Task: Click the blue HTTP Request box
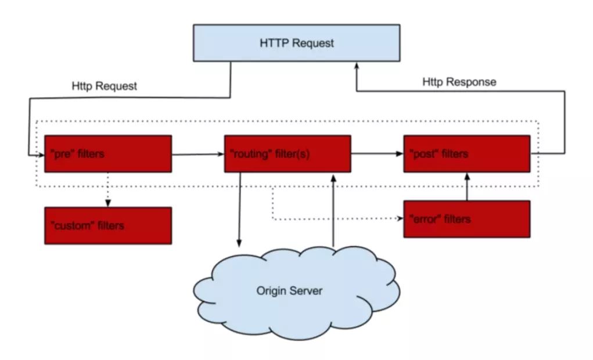point(296,43)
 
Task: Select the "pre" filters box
point(108,154)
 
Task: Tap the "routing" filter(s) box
point(287,154)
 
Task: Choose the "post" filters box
point(467,154)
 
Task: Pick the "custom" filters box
point(108,226)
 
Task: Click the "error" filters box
point(467,219)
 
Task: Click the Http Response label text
point(459,82)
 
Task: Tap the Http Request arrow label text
point(105,86)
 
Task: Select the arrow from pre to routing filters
point(198,154)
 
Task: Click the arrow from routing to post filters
point(377,153)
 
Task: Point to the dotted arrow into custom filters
point(108,190)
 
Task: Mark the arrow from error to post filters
point(467,187)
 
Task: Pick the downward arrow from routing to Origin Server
point(239,210)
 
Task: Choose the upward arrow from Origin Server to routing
point(333,211)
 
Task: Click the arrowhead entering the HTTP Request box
point(356,66)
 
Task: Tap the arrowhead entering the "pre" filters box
point(41,155)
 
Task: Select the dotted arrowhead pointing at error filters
point(400,218)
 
